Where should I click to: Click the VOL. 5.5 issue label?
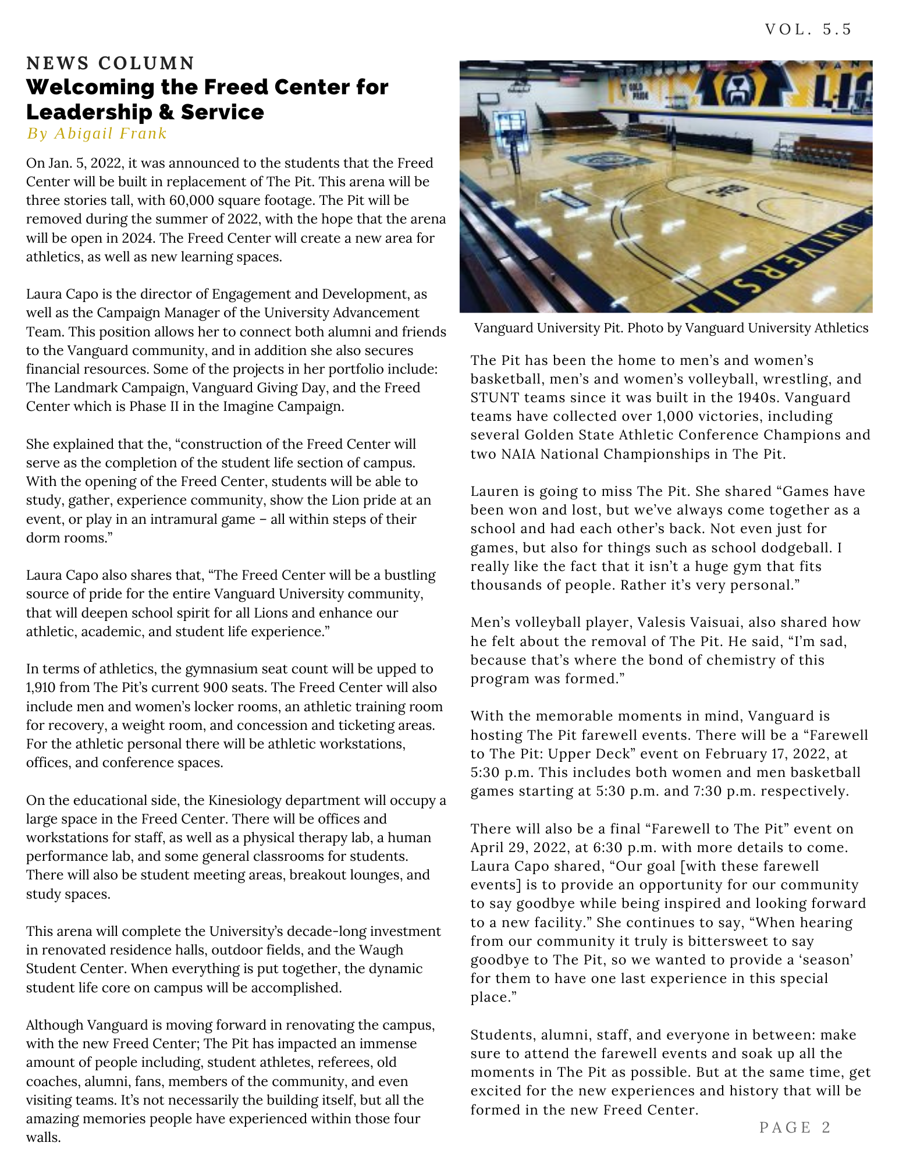pyautogui.click(x=808, y=29)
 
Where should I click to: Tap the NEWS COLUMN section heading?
pyautogui.click(x=111, y=63)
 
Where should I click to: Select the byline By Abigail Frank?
pyautogui.click(x=97, y=134)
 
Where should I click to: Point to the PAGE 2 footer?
pyautogui.click(x=795, y=1127)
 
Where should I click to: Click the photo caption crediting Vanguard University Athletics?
pyautogui.click(x=671, y=328)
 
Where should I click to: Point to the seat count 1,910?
pyautogui.click(x=42, y=688)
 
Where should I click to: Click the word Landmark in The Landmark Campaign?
pyautogui.click(x=78, y=388)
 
